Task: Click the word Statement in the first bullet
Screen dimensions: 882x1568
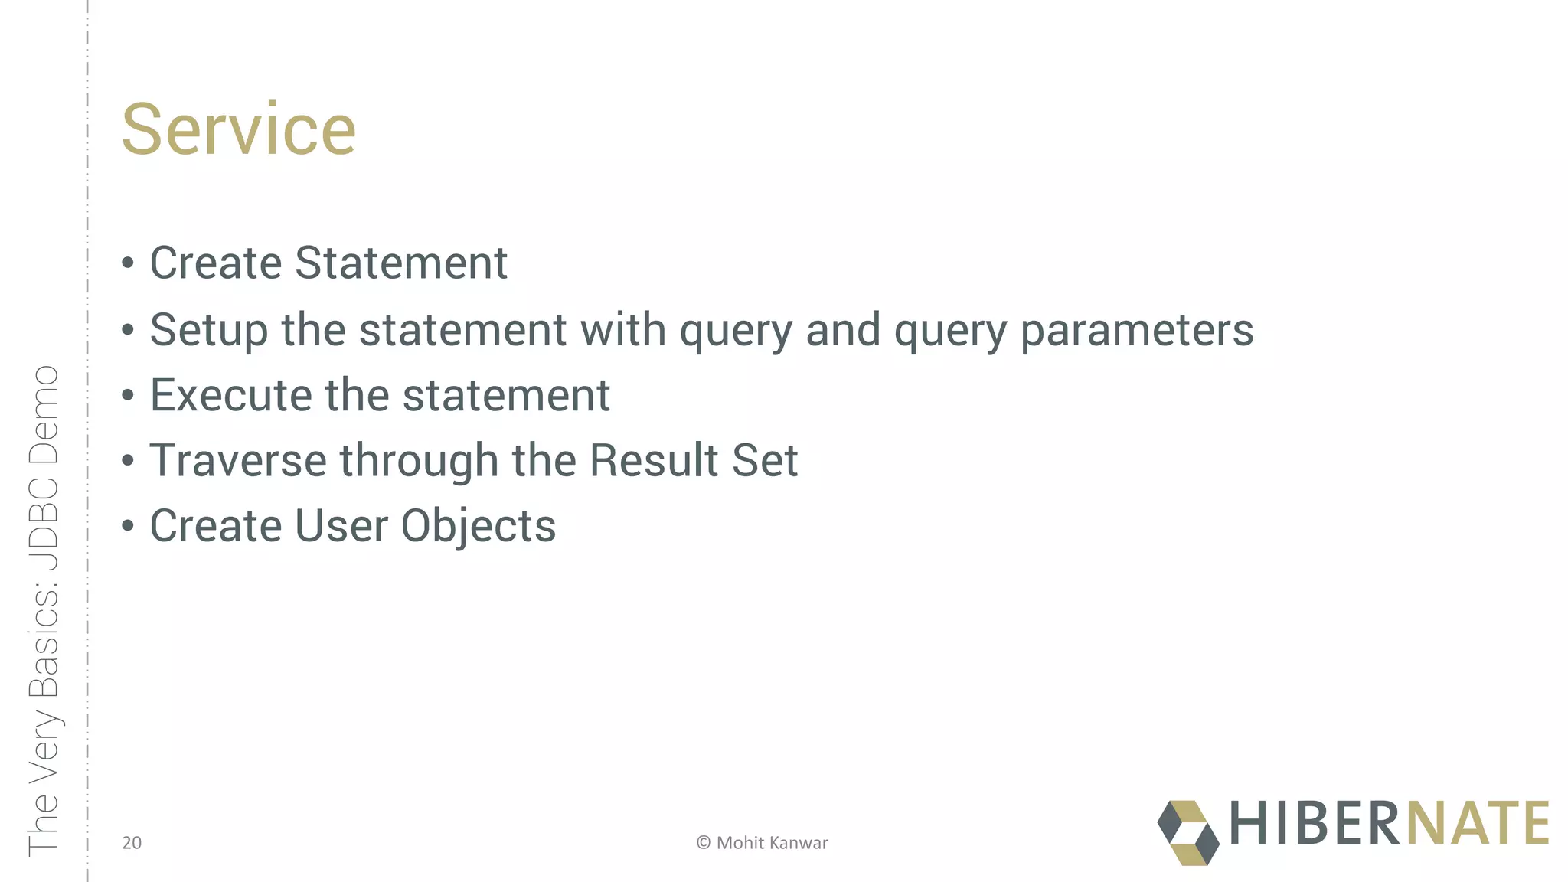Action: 400,263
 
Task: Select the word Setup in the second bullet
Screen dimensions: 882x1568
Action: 208,331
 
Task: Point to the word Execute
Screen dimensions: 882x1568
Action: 230,395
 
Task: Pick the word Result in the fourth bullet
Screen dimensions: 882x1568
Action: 653,460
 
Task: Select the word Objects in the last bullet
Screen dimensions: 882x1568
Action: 479,527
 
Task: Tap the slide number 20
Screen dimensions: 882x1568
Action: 132,843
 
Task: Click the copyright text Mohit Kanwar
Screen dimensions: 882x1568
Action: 771,843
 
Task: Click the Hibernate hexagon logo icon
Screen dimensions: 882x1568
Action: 1187,833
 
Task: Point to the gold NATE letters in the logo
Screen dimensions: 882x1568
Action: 1477,824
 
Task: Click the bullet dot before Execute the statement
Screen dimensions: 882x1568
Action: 128,397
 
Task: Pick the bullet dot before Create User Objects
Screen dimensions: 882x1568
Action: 128,528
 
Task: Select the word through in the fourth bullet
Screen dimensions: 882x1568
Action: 419,460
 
